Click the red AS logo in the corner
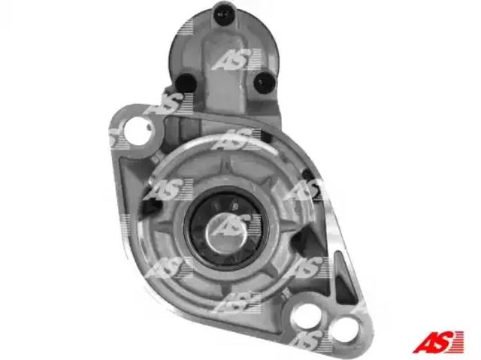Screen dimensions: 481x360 click(437, 341)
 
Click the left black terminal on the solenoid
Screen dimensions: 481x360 click(186, 83)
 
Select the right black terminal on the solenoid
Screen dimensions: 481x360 click(263, 82)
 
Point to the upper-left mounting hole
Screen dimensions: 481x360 click(137, 131)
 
